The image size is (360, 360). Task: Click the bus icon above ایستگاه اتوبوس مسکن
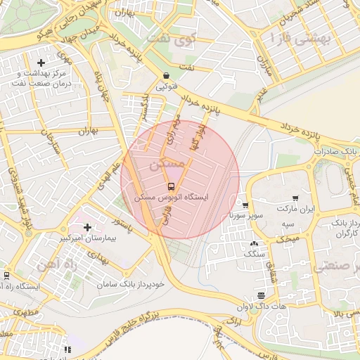click(x=171, y=186)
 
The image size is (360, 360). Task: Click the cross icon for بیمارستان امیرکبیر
click(x=87, y=227)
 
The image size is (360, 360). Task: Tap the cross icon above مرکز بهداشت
click(x=41, y=63)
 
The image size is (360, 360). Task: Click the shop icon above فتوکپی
click(x=165, y=76)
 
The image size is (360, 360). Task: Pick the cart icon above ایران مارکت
click(x=295, y=198)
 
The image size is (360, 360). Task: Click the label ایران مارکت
click(x=295, y=209)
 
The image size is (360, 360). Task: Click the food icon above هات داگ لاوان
click(x=262, y=295)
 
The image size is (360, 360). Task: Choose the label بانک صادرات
click(x=336, y=151)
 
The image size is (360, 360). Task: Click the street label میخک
click(x=289, y=240)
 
